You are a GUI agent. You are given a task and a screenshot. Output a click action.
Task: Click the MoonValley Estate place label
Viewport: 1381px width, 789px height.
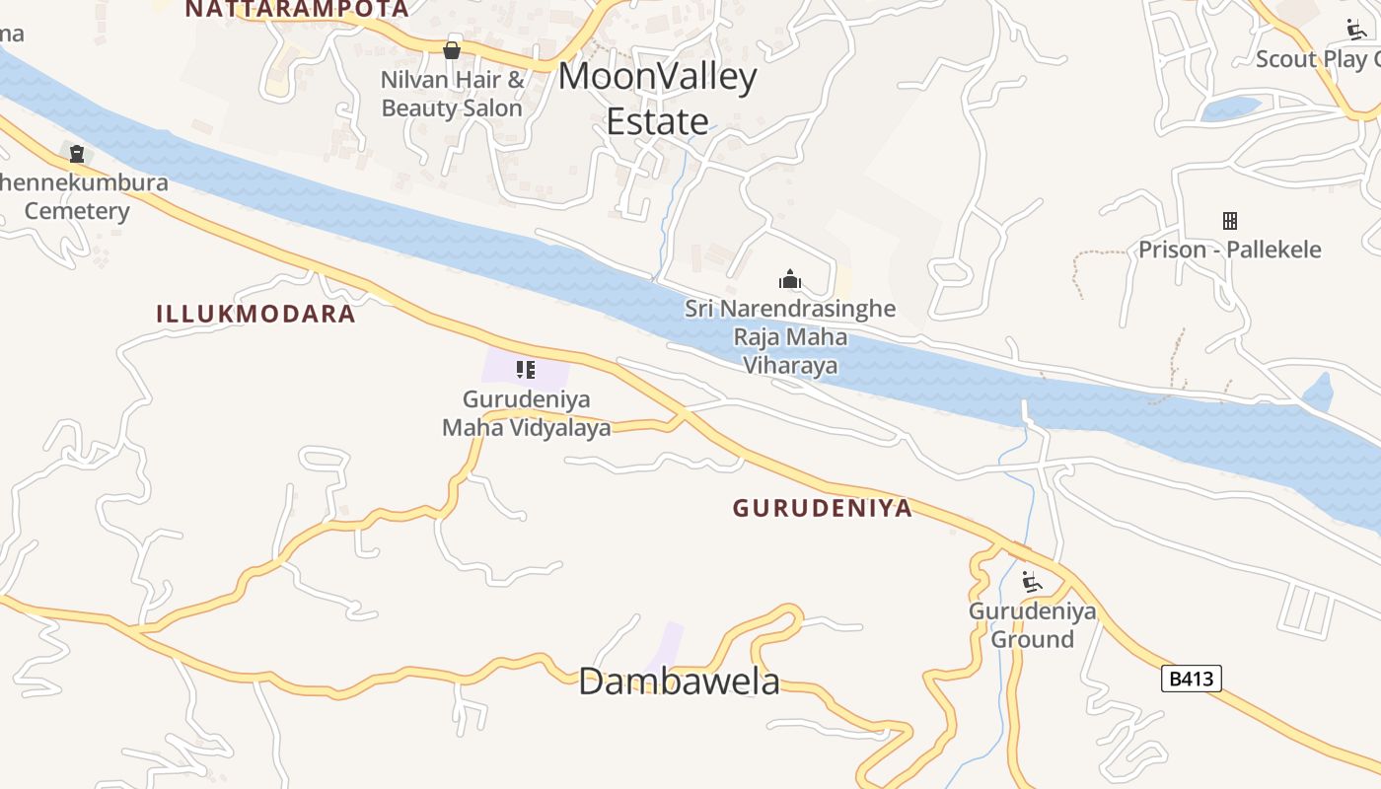(x=658, y=99)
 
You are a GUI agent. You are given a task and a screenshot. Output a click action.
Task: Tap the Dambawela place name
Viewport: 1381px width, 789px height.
(x=679, y=681)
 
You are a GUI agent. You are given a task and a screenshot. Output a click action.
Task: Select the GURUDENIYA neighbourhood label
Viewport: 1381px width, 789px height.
(x=822, y=508)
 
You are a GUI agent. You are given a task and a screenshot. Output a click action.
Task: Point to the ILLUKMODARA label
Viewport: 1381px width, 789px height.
(x=255, y=314)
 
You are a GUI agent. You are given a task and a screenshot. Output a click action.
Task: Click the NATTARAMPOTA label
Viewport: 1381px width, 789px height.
(x=296, y=9)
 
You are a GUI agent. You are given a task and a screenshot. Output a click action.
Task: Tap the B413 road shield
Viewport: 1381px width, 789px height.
(x=1191, y=679)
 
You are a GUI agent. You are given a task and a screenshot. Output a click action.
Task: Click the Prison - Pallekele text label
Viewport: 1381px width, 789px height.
(x=1229, y=250)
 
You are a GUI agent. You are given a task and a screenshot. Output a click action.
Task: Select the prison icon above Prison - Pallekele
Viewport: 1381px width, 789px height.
(x=1229, y=220)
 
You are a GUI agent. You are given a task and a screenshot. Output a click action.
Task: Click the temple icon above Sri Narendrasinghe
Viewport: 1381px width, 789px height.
(x=789, y=279)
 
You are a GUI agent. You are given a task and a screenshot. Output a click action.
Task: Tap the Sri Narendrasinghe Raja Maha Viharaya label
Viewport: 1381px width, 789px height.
(x=790, y=337)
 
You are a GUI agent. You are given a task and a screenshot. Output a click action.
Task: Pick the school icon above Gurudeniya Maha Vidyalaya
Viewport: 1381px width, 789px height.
(x=526, y=370)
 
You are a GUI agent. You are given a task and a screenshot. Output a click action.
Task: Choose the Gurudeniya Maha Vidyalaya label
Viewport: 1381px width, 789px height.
(x=526, y=413)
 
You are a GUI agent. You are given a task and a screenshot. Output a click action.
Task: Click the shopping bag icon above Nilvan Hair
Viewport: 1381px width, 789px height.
(x=452, y=49)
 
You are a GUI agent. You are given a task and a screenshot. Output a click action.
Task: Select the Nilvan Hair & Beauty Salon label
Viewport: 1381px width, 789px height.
(x=453, y=94)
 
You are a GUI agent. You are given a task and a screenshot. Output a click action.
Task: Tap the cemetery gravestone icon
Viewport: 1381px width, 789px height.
(x=76, y=153)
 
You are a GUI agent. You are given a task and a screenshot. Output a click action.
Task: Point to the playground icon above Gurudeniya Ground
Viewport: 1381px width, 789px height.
(x=1031, y=581)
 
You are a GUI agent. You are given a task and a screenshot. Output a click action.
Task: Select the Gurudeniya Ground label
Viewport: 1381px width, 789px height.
(x=1032, y=624)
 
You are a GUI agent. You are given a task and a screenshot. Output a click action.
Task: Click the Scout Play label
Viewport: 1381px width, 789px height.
(x=1318, y=59)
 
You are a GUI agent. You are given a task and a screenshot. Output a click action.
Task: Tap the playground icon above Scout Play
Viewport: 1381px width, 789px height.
(x=1356, y=29)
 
